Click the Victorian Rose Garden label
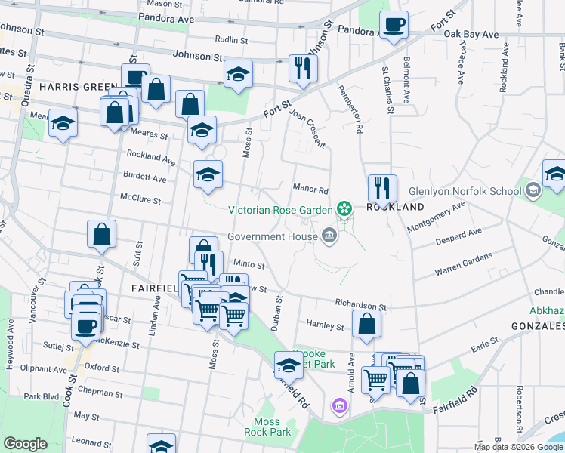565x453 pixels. pos(280,210)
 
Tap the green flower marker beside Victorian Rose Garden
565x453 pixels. pos(344,208)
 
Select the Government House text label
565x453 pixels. pos(272,236)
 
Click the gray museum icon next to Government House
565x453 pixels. pos(329,236)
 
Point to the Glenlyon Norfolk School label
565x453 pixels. pos(465,191)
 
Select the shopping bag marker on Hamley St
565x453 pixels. pos(366,325)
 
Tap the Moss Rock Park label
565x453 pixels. pos(267,427)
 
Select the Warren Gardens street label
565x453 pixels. pos(463,263)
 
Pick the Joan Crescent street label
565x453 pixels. pos(307,128)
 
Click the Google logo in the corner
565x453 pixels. pos(26,444)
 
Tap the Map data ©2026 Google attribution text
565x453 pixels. pos(517,447)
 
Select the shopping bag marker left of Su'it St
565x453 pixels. pos(101,235)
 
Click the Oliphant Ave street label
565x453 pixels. pos(45,370)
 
